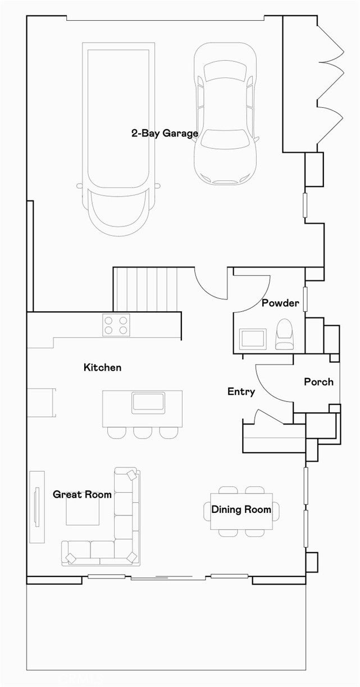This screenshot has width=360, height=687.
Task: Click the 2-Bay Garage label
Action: pos(165,134)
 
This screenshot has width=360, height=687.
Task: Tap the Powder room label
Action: pos(280,303)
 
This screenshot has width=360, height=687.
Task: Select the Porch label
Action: pos(318,382)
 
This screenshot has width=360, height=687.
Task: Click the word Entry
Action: pos(241,392)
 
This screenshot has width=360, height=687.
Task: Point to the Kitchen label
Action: pos(102,367)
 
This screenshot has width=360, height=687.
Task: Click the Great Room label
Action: pos(82,494)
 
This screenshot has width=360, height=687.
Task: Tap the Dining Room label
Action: pos(241,509)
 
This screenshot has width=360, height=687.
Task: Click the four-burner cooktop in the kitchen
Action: pos(116,325)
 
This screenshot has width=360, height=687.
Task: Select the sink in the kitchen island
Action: pos(148,403)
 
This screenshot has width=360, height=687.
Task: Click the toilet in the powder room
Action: pos(284,334)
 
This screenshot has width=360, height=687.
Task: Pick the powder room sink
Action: pos(253,339)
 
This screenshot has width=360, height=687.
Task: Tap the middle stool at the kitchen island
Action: pos(143,433)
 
